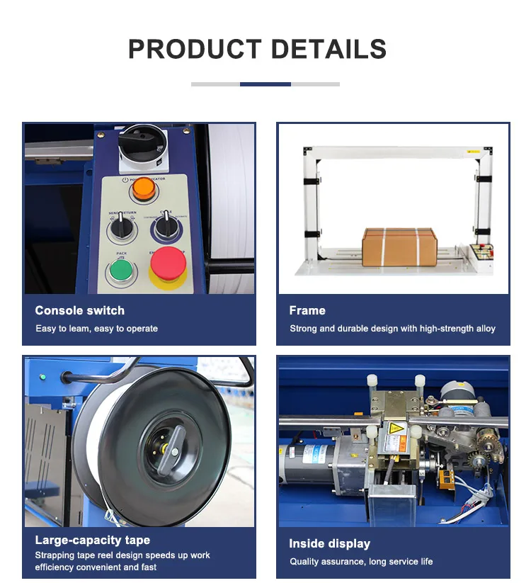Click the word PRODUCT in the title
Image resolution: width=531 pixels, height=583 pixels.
[195, 49]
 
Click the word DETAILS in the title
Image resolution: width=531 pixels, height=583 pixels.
[329, 49]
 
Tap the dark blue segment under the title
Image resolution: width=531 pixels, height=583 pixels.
[265, 84]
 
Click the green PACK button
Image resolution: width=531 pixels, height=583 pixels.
[120, 271]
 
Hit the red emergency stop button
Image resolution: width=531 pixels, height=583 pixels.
[168, 264]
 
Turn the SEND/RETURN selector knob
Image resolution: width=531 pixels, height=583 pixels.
[120, 229]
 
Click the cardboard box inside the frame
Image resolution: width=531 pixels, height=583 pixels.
[399, 246]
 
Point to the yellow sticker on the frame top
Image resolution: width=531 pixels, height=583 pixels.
[472, 151]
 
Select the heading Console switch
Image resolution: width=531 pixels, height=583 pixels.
[79, 310]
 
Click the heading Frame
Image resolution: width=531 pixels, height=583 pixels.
[307, 310]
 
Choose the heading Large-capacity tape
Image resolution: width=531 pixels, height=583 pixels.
[92, 540]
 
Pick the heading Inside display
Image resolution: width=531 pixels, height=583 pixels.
[329, 544]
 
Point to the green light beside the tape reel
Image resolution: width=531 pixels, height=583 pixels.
[42, 376]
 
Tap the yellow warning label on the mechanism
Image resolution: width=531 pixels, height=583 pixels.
[395, 432]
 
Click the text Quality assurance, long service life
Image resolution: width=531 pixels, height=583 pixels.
[361, 562]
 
